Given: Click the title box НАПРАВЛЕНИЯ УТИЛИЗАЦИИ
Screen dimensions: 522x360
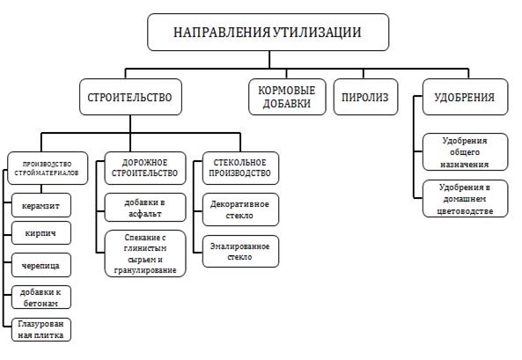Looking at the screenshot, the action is click(x=268, y=33).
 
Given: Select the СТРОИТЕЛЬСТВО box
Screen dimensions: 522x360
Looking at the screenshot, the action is click(x=130, y=97).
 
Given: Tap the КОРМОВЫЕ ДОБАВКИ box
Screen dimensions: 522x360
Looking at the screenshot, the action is click(x=287, y=97).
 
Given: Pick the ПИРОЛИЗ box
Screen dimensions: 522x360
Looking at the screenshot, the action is click(x=365, y=97).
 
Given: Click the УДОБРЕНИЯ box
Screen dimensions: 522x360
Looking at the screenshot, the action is click(x=465, y=97).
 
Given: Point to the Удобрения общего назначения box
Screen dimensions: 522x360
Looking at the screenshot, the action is click(x=465, y=152).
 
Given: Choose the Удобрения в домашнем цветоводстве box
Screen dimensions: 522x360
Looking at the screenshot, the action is click(x=465, y=199).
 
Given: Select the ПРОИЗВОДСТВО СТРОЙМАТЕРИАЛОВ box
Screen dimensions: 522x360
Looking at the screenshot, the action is click(x=48, y=168).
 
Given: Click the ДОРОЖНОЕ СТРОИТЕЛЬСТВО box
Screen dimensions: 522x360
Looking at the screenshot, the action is click(x=145, y=168).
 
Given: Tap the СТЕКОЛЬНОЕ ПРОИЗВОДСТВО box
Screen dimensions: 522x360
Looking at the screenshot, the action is click(x=240, y=168).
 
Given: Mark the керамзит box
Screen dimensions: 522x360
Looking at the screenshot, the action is click(x=41, y=205).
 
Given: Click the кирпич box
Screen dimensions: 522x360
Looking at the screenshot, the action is click(x=41, y=233).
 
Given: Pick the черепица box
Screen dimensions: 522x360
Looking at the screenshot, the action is click(x=41, y=266).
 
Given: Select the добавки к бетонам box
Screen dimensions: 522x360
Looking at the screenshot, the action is click(x=41, y=298).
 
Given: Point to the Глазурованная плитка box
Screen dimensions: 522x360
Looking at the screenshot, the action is click(x=41, y=330).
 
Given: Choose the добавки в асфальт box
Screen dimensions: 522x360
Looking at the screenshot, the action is click(x=145, y=208).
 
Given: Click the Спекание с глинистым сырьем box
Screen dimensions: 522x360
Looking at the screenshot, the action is click(x=145, y=253).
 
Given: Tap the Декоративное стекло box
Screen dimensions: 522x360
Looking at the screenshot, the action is click(x=240, y=209).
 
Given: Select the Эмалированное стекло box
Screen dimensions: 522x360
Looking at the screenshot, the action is click(x=240, y=252).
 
